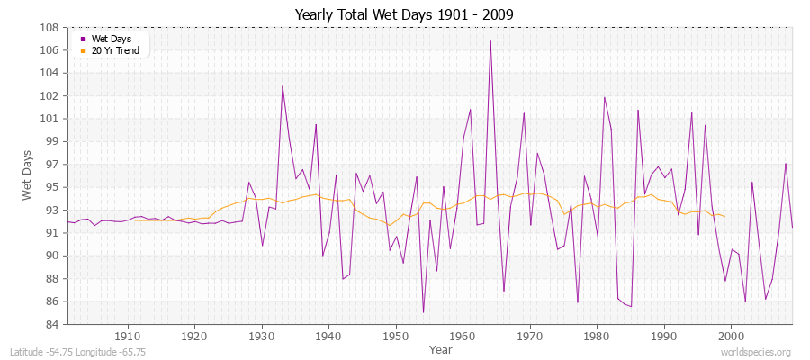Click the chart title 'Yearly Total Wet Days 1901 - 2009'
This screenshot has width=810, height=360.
404,14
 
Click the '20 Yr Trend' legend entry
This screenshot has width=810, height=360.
115,50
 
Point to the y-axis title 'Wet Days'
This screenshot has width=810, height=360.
28,175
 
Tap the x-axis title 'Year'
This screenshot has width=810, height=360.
441,348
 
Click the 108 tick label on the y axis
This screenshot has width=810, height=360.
50,27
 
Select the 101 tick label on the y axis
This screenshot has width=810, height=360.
50,119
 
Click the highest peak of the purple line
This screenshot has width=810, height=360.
490,40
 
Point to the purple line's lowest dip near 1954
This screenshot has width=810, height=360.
423,312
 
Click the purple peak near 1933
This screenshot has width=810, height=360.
283,85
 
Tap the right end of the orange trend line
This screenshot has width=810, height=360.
724,217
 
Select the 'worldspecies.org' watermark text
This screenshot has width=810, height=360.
758,352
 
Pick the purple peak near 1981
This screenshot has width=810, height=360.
604,97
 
